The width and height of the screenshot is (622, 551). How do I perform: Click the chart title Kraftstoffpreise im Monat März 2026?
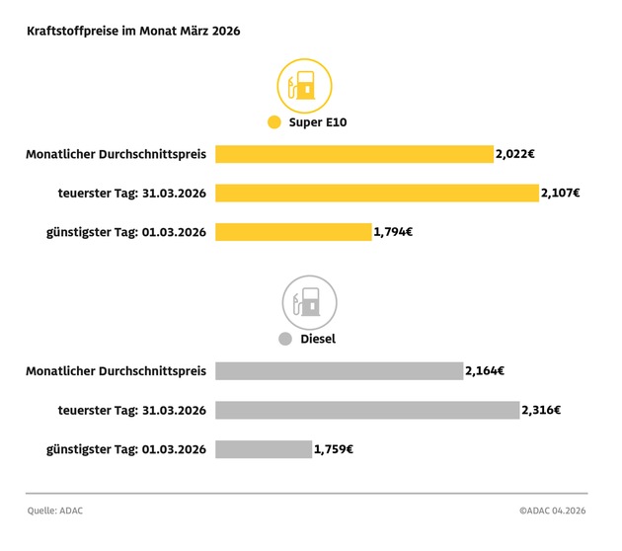[133, 31]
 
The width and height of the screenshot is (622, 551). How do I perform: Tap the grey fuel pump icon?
[309, 302]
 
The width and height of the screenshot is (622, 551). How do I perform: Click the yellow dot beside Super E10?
[274, 123]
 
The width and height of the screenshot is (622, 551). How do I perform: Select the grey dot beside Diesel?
[285, 339]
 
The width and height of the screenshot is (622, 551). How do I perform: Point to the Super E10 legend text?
[318, 123]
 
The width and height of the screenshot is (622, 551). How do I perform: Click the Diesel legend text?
[318, 339]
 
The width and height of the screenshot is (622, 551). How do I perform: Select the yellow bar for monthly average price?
[353, 154]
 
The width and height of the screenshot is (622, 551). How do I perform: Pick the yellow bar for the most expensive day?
[376, 193]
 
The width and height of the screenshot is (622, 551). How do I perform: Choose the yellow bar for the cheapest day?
[293, 232]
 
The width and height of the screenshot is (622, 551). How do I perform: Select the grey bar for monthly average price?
[339, 370]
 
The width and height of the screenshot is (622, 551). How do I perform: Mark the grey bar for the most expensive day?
[367, 410]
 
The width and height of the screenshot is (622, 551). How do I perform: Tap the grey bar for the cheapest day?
[264, 449]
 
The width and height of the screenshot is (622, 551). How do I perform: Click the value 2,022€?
[516, 154]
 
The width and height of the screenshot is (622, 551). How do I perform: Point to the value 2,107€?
[561, 193]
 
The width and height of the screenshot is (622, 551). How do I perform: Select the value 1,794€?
[393, 232]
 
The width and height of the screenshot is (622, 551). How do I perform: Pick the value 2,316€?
[542, 410]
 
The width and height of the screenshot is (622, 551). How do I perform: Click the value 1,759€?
[334, 449]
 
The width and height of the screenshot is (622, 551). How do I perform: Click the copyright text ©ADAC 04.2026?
[553, 511]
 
